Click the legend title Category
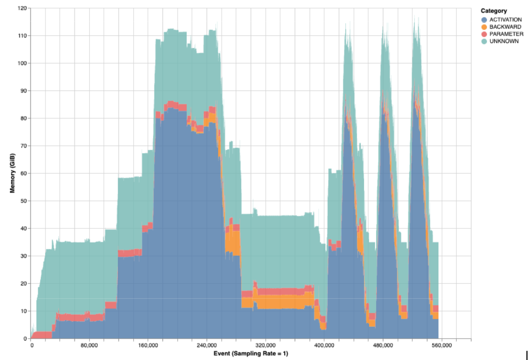[493, 11]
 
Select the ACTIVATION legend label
[505, 20]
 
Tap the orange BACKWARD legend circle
[484, 27]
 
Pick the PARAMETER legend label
[506, 34]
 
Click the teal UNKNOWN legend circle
[484, 41]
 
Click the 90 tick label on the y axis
[23, 91]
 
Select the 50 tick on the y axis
[23, 201]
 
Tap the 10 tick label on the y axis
[23, 311]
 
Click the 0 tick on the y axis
[25, 339]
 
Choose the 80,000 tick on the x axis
[89, 346]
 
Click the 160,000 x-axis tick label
[148, 346]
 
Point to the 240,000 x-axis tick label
[207, 346]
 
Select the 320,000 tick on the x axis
[265, 346]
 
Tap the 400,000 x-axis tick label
[324, 346]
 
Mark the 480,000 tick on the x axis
[383, 346]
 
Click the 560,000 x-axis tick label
[442, 346]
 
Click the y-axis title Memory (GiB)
[13, 173]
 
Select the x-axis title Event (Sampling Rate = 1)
[250, 353]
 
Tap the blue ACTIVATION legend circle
[484, 20]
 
